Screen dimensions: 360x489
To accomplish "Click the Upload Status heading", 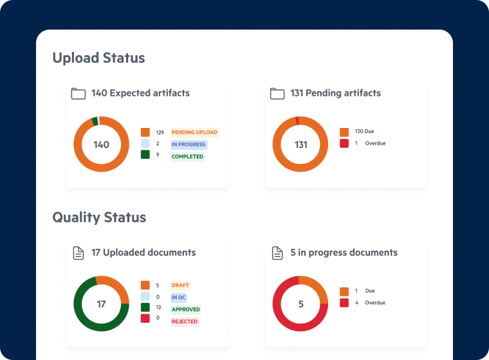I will click(x=98, y=58).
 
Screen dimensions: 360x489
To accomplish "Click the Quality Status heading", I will click(x=99, y=217).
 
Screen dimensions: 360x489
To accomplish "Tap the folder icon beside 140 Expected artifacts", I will click(x=78, y=94).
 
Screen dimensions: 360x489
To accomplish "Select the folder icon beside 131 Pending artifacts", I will click(x=277, y=94).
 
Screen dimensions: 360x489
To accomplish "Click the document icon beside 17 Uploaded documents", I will click(x=78, y=253).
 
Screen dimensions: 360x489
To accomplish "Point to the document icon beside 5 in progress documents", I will click(x=277, y=253).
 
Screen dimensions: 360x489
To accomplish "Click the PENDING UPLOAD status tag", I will click(x=194, y=132).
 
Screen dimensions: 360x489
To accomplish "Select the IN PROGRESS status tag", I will click(x=189, y=145).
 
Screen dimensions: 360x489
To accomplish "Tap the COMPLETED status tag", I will click(x=187, y=157).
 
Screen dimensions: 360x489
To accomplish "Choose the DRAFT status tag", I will click(x=180, y=285).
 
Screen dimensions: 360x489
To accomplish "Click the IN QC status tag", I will click(x=178, y=298).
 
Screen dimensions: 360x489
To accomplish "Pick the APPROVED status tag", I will click(x=185, y=310).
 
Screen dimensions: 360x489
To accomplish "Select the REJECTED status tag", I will click(x=185, y=321).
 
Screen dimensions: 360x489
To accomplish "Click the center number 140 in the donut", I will click(x=101, y=145).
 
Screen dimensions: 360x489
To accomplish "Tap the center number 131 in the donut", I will click(x=300, y=145).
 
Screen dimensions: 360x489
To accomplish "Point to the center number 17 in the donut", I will click(x=101, y=304).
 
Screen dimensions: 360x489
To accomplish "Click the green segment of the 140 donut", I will click(x=95, y=121).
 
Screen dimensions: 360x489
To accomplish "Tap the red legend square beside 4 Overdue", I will click(x=344, y=303).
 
